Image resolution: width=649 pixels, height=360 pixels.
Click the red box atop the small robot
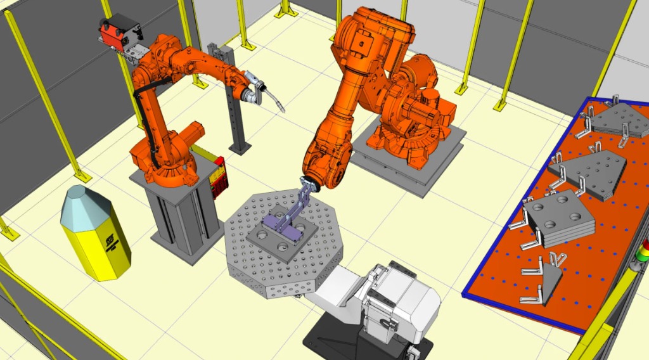coord(119,31)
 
